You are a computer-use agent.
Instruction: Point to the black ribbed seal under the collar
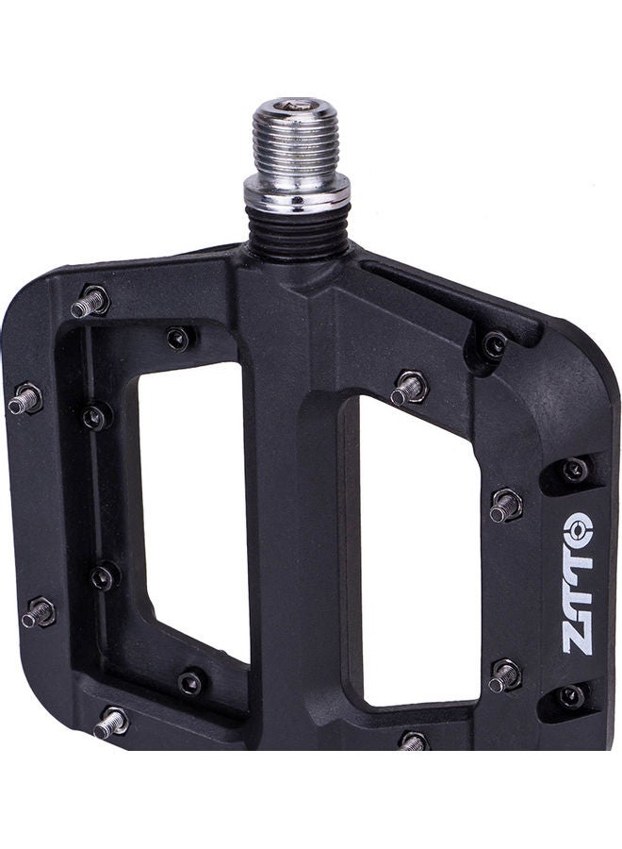click(297, 231)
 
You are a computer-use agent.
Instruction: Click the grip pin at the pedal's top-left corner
click(90, 303)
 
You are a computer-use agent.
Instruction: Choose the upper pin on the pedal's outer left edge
click(25, 400)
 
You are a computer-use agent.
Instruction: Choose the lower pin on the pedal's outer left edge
click(39, 613)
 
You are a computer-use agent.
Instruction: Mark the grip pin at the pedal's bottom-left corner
click(110, 723)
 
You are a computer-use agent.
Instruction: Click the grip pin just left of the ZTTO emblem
click(505, 506)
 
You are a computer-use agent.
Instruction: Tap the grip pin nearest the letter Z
click(505, 674)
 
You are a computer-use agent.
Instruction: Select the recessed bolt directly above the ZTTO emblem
click(575, 469)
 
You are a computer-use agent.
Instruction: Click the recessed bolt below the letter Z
click(571, 696)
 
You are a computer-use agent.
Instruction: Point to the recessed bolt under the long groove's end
click(493, 345)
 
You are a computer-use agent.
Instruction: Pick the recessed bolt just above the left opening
click(178, 338)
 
